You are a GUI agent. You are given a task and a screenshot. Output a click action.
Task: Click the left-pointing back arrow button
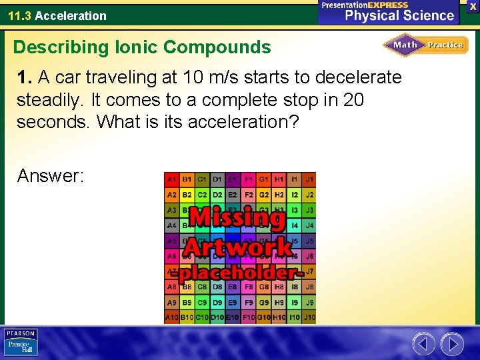pyautogui.click(x=424, y=344)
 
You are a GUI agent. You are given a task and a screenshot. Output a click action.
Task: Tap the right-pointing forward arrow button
pyautogui.click(x=451, y=344)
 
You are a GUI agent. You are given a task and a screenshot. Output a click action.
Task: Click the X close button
pyautogui.click(x=473, y=5)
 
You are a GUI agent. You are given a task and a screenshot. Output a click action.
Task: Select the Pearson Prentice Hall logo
pyautogui.click(x=21, y=343)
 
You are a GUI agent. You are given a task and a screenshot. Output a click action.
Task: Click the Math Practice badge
pyautogui.click(x=425, y=45)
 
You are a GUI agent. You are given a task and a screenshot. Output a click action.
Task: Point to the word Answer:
pyautogui.click(x=51, y=175)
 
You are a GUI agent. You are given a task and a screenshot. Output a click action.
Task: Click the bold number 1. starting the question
pyautogui.click(x=25, y=77)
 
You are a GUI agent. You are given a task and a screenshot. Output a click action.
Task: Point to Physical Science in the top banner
pyautogui.click(x=399, y=16)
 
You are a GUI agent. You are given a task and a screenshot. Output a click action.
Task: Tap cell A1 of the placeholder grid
pyautogui.click(x=172, y=179)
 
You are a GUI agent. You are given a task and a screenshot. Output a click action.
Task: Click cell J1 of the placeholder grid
pyautogui.click(x=309, y=179)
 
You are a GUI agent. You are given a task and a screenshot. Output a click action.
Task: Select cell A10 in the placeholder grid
pyautogui.click(x=172, y=317)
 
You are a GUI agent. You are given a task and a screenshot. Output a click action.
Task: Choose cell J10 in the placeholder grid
pyautogui.click(x=309, y=317)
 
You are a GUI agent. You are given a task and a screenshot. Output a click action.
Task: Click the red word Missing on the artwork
pyautogui.click(x=237, y=218)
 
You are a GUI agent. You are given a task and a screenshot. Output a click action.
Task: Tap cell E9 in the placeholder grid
pyautogui.click(x=233, y=302)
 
